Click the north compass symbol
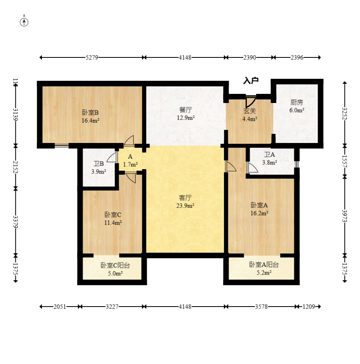pyautogui.click(x=24, y=22)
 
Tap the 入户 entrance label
pyautogui.click(x=250, y=80)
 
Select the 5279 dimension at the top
pyautogui.click(x=92, y=57)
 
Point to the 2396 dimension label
pyautogui.click(x=297, y=57)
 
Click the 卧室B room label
pyautogui.click(x=91, y=112)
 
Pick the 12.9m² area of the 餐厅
pyautogui.click(x=186, y=118)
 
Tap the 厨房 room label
pyautogui.click(x=297, y=102)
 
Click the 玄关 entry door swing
pyautogui.click(x=251, y=102)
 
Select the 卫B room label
pyautogui.click(x=99, y=164)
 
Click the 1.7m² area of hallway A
pyautogui.click(x=130, y=165)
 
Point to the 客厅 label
pyautogui.click(x=185, y=198)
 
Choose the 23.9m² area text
pyautogui.click(x=185, y=206)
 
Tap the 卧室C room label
pyautogui.click(x=113, y=215)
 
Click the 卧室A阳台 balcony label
pyautogui.click(x=264, y=265)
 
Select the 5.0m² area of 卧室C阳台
pyautogui.click(x=115, y=273)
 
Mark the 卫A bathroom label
pyautogui.click(x=269, y=154)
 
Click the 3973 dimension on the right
pyautogui.click(x=345, y=216)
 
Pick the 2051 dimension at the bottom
pyautogui.click(x=60, y=307)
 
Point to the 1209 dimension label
pyautogui.click(x=309, y=307)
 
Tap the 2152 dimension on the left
pyautogui.click(x=15, y=167)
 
